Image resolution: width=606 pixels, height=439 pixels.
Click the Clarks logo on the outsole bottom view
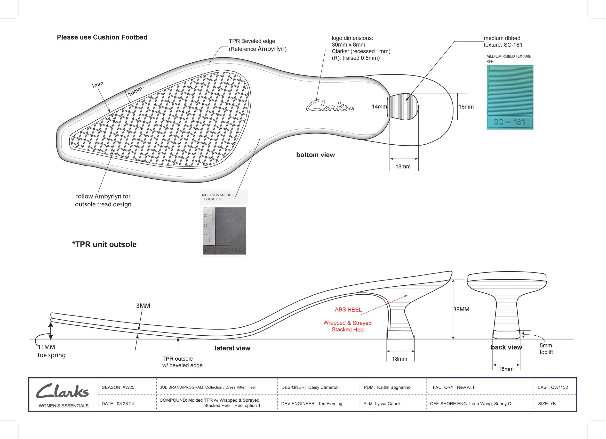[330, 106]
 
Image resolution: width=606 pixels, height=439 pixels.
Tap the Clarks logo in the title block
[62, 391]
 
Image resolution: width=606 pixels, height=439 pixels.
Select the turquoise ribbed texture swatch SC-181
[510, 97]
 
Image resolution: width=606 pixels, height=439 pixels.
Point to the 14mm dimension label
[379, 107]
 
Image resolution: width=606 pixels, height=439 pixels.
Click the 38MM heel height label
[461, 309]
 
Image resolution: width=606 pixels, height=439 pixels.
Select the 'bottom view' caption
[315, 155]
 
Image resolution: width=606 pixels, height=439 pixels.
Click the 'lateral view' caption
[232, 348]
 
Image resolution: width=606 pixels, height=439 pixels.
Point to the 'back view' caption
[506, 348]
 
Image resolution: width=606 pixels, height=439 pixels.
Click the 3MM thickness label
[143, 306]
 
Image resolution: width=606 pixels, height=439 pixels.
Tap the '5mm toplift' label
[546, 349]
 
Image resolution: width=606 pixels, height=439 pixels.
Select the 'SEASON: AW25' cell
[118, 387]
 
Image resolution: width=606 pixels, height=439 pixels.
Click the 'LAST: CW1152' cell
[553, 387]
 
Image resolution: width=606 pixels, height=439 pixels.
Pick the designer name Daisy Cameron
[323, 387]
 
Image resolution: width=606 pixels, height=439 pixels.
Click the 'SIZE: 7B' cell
[547, 404]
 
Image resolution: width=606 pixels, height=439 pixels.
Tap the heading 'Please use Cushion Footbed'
[102, 37]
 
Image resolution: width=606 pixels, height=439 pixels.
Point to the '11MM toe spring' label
[51, 351]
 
